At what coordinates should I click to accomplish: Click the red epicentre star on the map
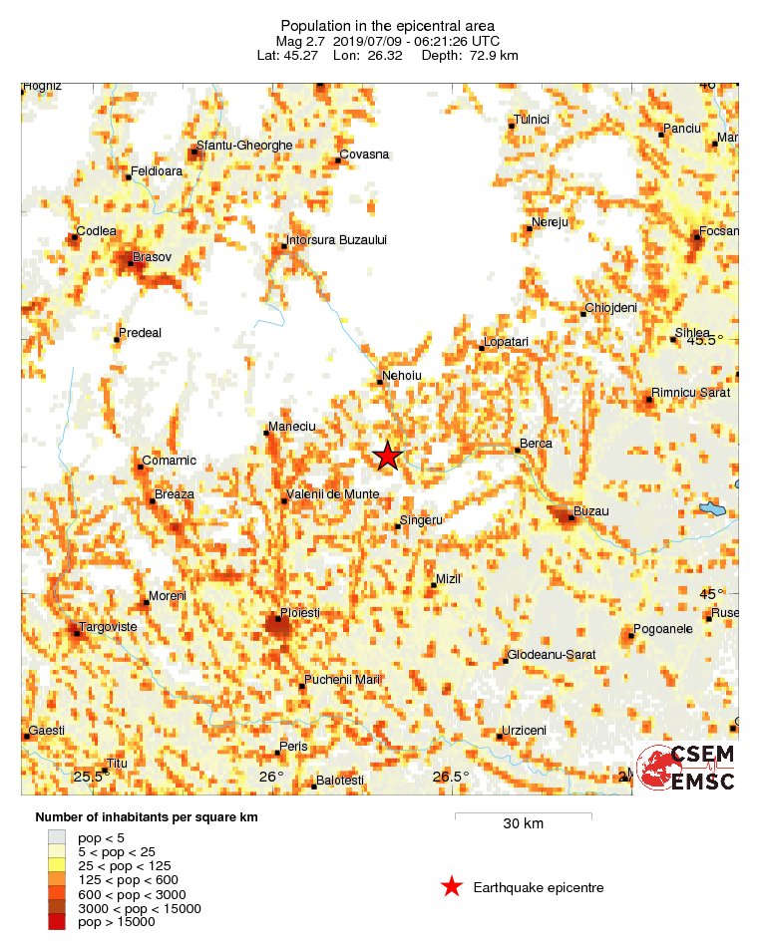point(387,456)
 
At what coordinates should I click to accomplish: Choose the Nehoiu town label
point(403,376)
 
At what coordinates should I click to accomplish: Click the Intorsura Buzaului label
point(335,240)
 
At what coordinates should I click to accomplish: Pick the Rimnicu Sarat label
point(690,393)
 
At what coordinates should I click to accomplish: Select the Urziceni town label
point(524,731)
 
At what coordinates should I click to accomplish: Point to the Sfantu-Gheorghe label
point(245,146)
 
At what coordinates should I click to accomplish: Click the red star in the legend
point(452,887)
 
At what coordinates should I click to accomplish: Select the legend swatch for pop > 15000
point(56,923)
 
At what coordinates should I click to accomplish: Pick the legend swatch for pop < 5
point(56,837)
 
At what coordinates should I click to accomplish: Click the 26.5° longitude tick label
point(451,777)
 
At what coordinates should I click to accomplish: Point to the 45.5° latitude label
point(705,341)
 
